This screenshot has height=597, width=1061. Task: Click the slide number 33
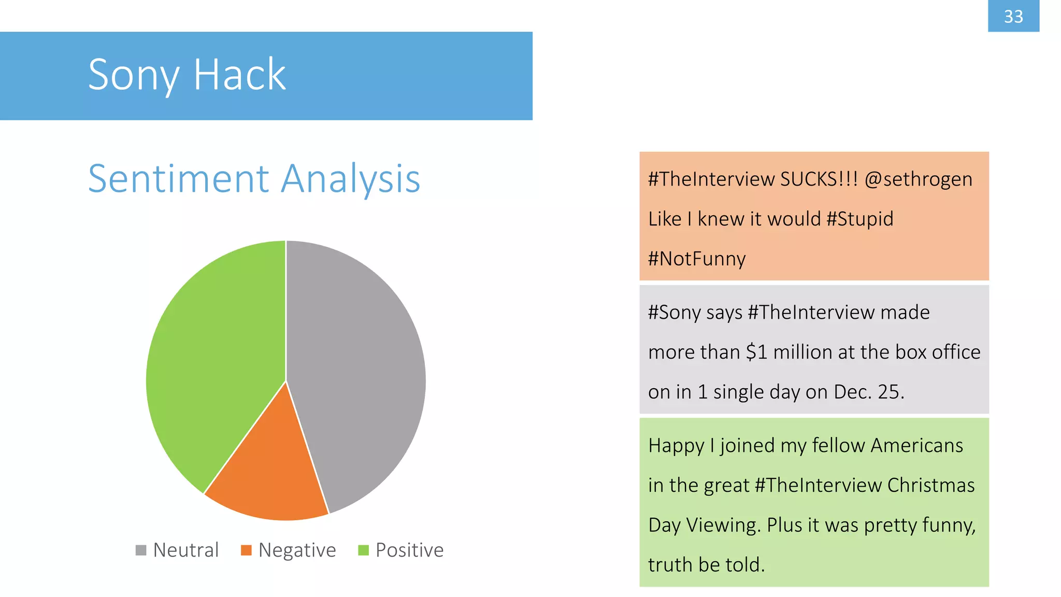tap(1013, 17)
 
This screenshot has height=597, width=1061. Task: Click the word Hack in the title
tap(239, 75)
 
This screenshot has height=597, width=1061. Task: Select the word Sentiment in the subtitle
tap(179, 179)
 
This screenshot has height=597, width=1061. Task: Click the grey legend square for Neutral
tap(141, 550)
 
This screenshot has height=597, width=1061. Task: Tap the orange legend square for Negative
tap(246, 550)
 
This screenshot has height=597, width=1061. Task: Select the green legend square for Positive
tap(363, 550)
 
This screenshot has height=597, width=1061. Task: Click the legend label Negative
tap(297, 550)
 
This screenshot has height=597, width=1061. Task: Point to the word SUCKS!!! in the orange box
tap(819, 179)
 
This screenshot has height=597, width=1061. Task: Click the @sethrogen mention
tap(919, 179)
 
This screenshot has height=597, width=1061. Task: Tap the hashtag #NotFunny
tap(697, 259)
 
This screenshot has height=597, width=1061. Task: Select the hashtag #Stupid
tap(860, 219)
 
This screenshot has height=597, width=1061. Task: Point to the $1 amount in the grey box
tap(756, 352)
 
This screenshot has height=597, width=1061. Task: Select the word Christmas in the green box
tap(930, 486)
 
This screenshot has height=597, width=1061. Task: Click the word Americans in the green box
tap(917, 446)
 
